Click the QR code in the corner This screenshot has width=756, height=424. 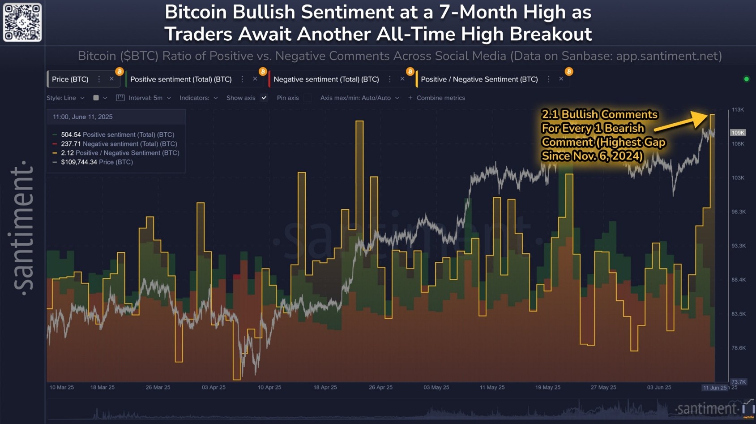point(22,22)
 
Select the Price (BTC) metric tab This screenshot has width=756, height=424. point(70,79)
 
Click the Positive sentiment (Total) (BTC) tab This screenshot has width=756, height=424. point(181,79)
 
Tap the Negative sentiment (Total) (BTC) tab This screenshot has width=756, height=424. point(326,79)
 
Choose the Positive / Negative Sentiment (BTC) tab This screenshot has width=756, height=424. point(479,79)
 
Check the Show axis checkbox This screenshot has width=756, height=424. point(264,98)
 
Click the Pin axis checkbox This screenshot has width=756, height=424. point(308,98)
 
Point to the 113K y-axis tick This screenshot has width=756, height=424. point(738,110)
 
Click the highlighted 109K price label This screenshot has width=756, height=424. point(738,133)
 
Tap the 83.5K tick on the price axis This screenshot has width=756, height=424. point(739,314)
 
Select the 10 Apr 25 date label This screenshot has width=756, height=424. point(269,387)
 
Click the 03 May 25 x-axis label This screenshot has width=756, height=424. point(436,387)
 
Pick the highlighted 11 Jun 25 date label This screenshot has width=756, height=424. point(714,388)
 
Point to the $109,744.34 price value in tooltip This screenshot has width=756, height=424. point(79,162)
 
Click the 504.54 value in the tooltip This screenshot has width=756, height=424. point(71,134)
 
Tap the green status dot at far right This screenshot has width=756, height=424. point(746,79)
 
